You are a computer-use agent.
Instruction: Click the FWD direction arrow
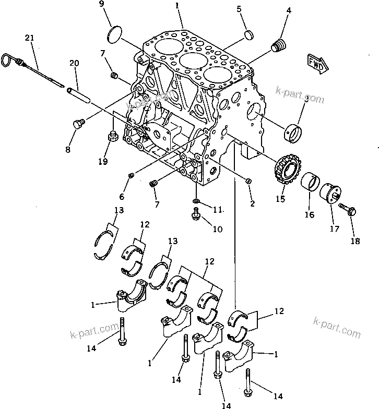tap(316, 62)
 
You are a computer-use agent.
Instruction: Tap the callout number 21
tap(29, 38)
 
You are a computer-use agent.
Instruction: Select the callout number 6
tap(122, 197)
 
